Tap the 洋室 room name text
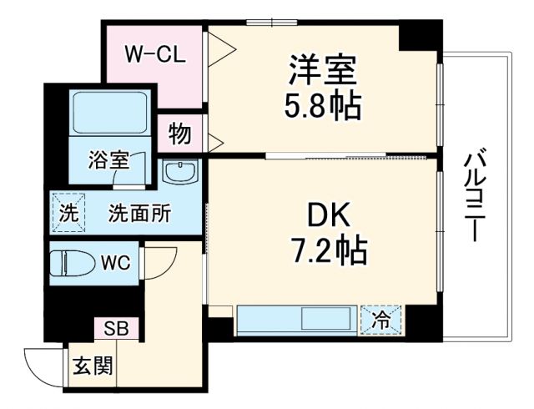tap(324, 69)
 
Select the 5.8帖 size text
tap(324, 106)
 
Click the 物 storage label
tap(179, 134)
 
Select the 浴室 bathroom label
tap(108, 158)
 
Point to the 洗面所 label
tap(139, 214)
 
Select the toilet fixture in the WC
tap(73, 263)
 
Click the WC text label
tap(115, 263)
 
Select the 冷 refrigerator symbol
tap(380, 318)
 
